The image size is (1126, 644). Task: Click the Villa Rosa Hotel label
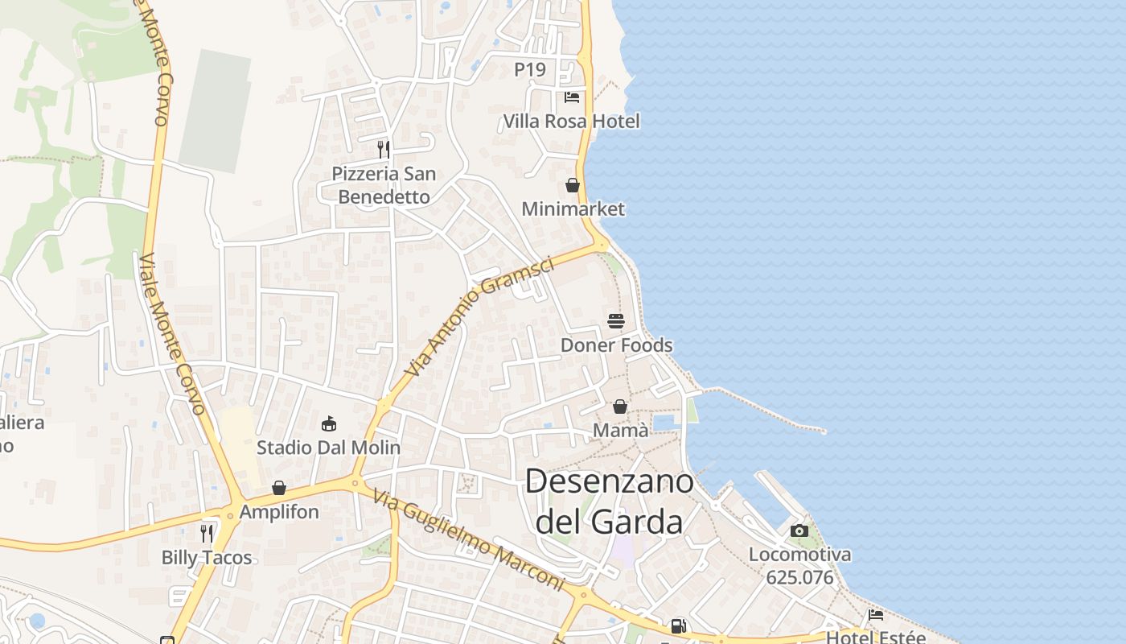coord(571,122)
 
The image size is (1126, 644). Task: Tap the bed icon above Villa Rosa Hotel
coord(572,97)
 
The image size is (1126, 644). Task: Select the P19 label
coord(530,70)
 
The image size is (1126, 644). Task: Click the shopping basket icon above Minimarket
coord(573,186)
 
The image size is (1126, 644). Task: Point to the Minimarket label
coord(573,209)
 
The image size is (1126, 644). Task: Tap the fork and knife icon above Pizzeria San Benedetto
coord(384,149)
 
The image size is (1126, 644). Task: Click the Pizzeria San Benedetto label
coord(384,185)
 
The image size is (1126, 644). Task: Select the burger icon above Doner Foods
coord(616,321)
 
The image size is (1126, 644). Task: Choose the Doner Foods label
coord(616,345)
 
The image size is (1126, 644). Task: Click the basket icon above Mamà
coord(620,407)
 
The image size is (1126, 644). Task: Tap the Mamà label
coord(620,431)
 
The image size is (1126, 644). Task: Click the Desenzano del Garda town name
coord(609,502)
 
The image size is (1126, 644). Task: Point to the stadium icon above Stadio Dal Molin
coord(328,423)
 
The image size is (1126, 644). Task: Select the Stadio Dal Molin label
coord(328,448)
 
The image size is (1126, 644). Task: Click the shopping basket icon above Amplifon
coord(279,488)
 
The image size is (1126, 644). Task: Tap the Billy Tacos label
coord(207,557)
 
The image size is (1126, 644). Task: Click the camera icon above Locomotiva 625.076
coord(799,530)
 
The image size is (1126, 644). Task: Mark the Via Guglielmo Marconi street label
coord(469,540)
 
